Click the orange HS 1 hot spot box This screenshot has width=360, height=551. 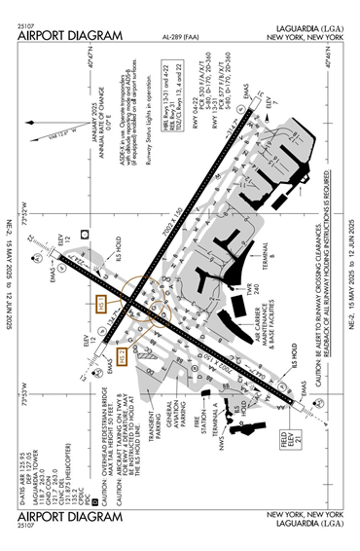[x=103, y=306]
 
